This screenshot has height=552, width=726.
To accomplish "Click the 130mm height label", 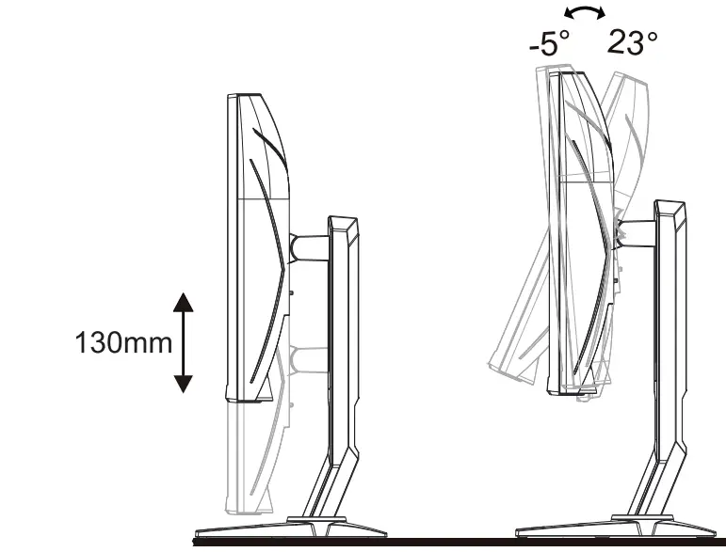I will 123,342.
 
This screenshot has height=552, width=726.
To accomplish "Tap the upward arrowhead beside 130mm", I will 184,302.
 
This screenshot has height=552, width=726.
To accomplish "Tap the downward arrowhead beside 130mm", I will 184,383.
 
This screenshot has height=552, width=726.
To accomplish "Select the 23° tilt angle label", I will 632,43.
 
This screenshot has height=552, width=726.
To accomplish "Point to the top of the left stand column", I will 343,222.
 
